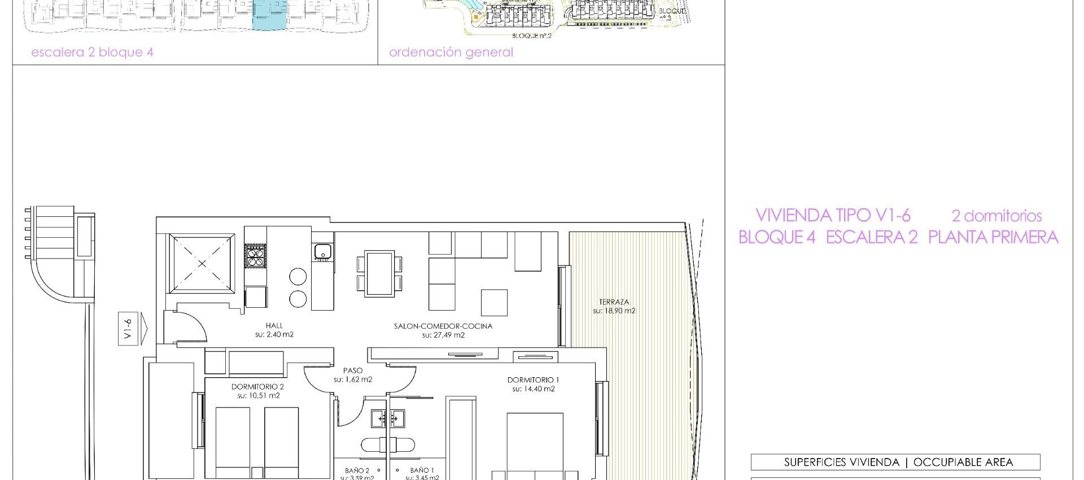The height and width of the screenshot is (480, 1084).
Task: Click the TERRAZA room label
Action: pyautogui.click(x=614, y=302)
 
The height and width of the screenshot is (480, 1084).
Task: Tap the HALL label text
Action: pyautogui.click(x=274, y=325)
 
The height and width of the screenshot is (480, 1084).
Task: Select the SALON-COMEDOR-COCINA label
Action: pyautogui.click(x=443, y=326)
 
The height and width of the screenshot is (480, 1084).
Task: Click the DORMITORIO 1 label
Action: pyautogui.click(x=533, y=380)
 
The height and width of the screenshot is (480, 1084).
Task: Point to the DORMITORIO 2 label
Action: pyautogui.click(x=257, y=387)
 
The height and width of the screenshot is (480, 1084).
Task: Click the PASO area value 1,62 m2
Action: pyautogui.click(x=353, y=379)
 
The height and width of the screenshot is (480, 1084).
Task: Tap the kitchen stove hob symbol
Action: pyautogui.click(x=255, y=255)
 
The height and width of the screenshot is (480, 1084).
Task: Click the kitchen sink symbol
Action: pyautogui.click(x=322, y=251)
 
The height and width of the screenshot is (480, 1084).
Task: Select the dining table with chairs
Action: pyautogui.click(x=379, y=274)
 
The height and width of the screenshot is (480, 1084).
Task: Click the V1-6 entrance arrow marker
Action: pyautogui.click(x=133, y=329)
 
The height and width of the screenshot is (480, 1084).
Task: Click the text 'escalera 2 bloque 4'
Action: pyautogui.click(x=92, y=53)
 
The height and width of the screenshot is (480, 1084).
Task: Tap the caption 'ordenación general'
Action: pyautogui.click(x=451, y=53)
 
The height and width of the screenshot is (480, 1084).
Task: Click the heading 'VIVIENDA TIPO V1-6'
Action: pyautogui.click(x=833, y=215)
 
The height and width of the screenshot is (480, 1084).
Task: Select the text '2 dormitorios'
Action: pyautogui.click(x=996, y=216)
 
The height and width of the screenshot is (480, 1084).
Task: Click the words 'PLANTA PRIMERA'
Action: pyautogui.click(x=993, y=237)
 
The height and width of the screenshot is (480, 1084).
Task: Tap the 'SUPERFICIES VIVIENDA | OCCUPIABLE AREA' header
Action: pyautogui.click(x=895, y=462)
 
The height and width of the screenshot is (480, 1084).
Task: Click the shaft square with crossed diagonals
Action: pyautogui.click(x=202, y=264)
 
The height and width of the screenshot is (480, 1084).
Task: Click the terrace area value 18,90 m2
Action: pyautogui.click(x=614, y=311)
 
